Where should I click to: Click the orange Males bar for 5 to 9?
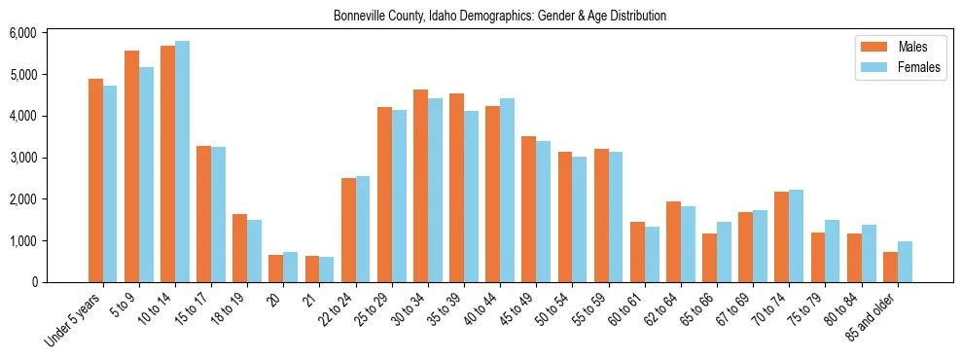[x=131, y=166]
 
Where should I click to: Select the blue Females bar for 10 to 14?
[x=182, y=162]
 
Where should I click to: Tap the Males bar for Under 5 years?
[x=95, y=180]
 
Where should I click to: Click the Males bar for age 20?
[x=275, y=269]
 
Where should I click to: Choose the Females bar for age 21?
[x=326, y=270]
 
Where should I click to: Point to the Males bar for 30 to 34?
[x=420, y=186]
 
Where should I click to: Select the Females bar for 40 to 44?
[x=507, y=190]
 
